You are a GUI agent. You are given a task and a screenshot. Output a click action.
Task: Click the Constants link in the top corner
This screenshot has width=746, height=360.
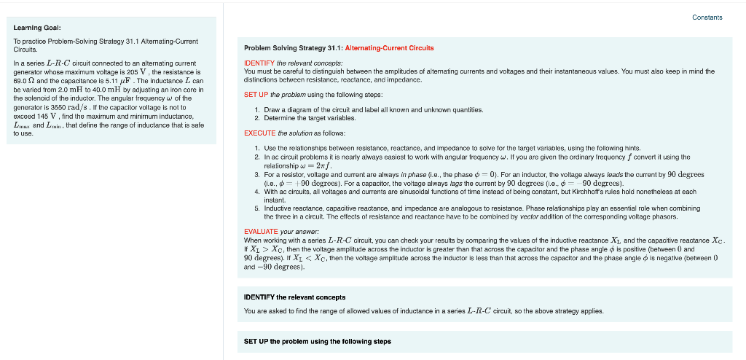(707, 17)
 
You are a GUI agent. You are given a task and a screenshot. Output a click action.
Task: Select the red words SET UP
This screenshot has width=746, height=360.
(256, 95)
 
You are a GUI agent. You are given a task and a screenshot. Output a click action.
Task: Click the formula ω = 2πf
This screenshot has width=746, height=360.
(286, 165)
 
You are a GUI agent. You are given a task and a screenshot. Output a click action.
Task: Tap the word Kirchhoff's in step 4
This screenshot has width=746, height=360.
(632, 192)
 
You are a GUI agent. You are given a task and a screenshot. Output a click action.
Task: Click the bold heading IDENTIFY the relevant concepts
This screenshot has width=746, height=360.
(294, 297)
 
